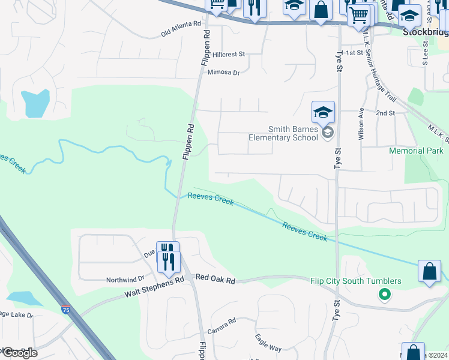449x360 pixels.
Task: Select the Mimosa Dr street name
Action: [x=223, y=73]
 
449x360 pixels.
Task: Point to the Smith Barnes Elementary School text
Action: [x=283, y=133]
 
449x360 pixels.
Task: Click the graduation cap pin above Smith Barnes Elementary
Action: [x=323, y=112]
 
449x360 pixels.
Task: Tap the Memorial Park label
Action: [x=416, y=151]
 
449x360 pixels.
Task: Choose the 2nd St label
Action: [x=385, y=113]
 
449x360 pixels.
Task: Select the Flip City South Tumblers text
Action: [x=356, y=281]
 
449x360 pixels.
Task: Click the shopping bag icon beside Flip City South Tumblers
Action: [x=430, y=271]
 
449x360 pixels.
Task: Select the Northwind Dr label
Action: [x=125, y=279]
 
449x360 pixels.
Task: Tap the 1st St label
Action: [x=356, y=53]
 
